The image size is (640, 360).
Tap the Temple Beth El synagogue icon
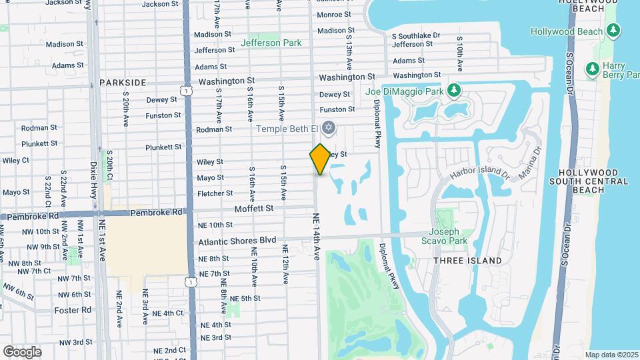(327, 127)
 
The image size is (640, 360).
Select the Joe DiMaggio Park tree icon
(454, 89)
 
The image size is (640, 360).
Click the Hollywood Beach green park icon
(613, 31)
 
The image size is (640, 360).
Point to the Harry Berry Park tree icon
(591, 69)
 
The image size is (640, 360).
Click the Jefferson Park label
(271, 43)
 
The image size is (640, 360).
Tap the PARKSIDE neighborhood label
(123, 82)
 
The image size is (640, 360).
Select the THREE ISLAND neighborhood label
(467, 260)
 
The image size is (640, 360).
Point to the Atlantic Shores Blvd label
(237, 239)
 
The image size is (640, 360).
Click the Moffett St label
(254, 208)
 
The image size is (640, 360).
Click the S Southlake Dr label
(416, 35)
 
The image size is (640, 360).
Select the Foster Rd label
(73, 310)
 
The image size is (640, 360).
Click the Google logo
(22, 351)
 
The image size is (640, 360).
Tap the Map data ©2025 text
(611, 355)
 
